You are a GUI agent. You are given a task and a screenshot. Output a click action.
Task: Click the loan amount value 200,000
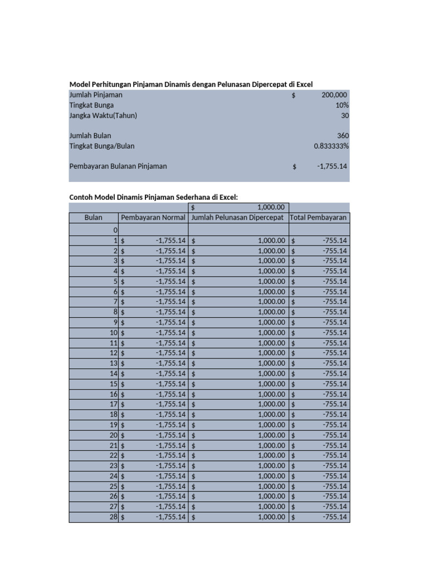click(334, 95)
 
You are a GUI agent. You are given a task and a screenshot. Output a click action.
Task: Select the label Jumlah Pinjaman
click(96, 95)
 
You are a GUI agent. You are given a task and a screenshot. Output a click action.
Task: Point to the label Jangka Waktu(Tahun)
click(103, 115)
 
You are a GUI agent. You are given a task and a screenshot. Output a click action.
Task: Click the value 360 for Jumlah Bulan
click(343, 136)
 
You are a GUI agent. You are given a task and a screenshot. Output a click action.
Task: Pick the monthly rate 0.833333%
click(332, 146)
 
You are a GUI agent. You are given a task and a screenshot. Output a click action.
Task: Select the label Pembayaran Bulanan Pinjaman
click(118, 166)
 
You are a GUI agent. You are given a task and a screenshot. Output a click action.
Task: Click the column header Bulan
click(94, 218)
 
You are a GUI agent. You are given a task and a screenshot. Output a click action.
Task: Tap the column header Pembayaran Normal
click(153, 218)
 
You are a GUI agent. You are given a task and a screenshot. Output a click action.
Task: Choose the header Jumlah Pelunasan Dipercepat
click(238, 218)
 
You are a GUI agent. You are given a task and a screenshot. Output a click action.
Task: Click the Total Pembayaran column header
click(319, 218)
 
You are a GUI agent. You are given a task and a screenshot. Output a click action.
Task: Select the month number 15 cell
click(114, 384)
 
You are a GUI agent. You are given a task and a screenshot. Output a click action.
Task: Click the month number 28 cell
click(114, 517)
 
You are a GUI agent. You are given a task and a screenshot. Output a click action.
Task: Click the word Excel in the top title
click(304, 84)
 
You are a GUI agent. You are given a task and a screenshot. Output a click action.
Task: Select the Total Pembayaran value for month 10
click(334, 332)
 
